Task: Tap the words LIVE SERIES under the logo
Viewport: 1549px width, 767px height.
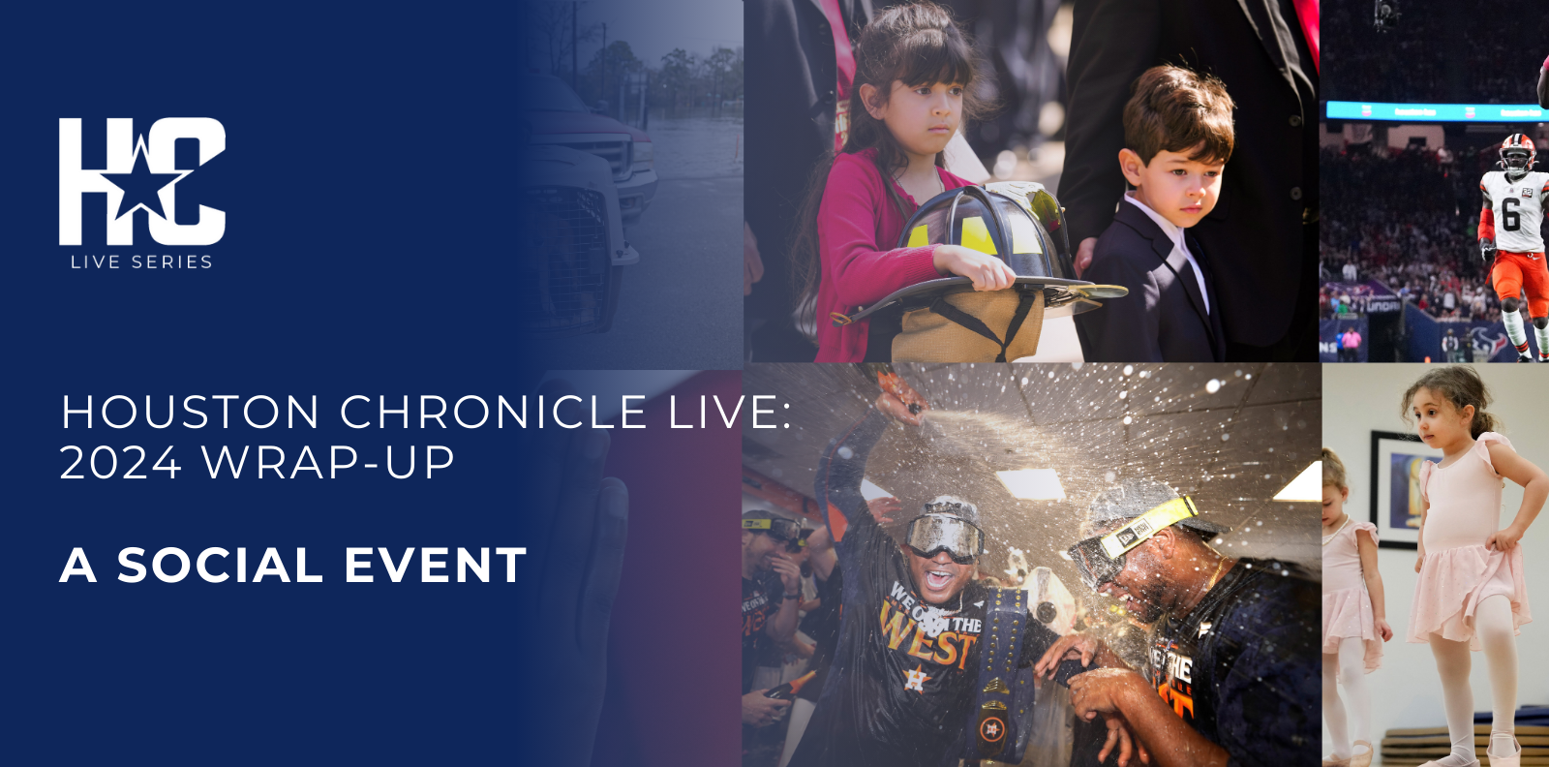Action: [x=141, y=262]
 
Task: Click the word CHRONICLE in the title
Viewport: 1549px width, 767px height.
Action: [x=493, y=413]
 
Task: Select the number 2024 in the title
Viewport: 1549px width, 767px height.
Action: [x=120, y=463]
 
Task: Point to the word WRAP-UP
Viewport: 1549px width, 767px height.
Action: [x=328, y=463]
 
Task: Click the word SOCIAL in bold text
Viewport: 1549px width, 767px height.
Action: [x=220, y=565]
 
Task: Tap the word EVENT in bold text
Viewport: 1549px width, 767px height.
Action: [x=436, y=565]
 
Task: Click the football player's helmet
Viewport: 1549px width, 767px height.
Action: [x=1517, y=152]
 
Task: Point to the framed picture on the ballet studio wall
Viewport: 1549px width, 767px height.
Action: [x=1398, y=488]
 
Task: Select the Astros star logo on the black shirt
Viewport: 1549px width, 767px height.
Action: [x=915, y=680]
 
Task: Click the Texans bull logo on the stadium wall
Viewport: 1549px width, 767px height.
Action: [x=1488, y=342]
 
